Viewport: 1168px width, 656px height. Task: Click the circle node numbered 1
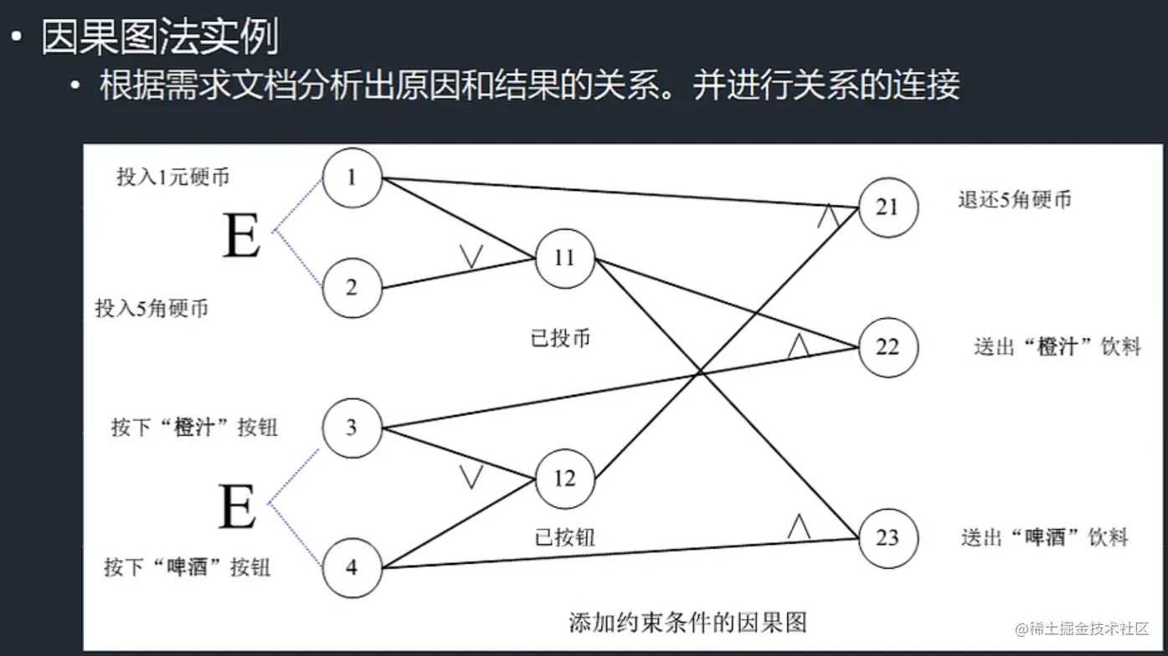(x=352, y=177)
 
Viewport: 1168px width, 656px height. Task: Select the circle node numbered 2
(x=352, y=288)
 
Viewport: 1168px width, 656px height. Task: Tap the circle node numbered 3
(x=352, y=428)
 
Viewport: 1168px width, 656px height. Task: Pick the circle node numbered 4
(x=352, y=567)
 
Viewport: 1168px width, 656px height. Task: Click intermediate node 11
(x=565, y=258)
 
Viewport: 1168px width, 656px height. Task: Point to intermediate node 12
(x=565, y=479)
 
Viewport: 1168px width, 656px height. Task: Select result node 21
(x=888, y=207)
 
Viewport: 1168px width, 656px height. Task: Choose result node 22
(x=888, y=346)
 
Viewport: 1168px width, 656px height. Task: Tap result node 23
(x=888, y=536)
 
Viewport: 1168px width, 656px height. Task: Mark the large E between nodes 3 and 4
(x=237, y=506)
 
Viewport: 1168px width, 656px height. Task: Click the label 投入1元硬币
(x=172, y=177)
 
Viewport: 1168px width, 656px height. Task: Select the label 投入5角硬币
(x=152, y=308)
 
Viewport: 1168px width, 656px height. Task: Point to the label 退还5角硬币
(x=1015, y=200)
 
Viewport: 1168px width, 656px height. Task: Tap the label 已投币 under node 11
(x=560, y=338)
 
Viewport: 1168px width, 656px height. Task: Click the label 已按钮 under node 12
(x=565, y=536)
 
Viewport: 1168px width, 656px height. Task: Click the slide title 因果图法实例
(x=160, y=37)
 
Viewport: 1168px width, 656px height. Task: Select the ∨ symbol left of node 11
(x=471, y=256)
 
